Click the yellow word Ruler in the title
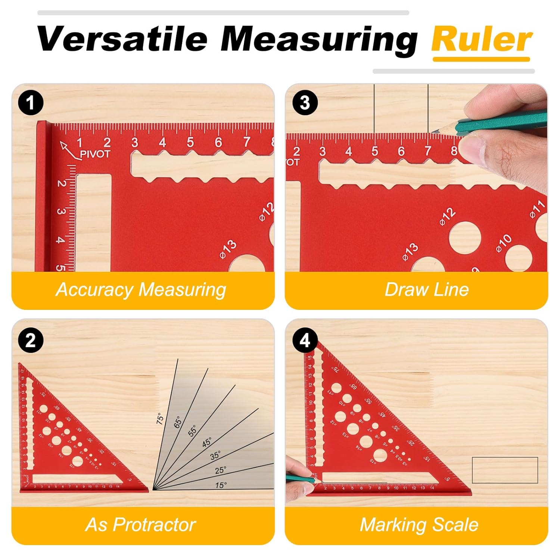click(x=482, y=40)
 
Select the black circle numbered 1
click(x=31, y=103)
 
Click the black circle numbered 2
click(x=31, y=340)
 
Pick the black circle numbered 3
click(x=305, y=103)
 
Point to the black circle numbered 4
click(x=305, y=340)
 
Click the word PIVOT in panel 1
click(x=95, y=154)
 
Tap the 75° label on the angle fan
click(x=160, y=419)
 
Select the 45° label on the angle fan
click(x=207, y=442)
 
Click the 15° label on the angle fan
click(x=221, y=485)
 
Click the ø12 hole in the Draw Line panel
click(x=464, y=237)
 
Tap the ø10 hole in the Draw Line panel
click(x=518, y=258)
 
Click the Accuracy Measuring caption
click(x=141, y=290)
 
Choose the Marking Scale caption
click(x=419, y=525)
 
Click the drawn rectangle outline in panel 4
click(x=505, y=470)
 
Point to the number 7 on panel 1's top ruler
click(x=246, y=142)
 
